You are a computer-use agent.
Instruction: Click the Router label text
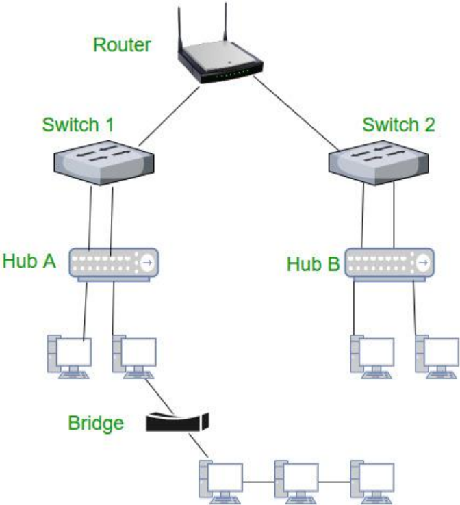coord(121,47)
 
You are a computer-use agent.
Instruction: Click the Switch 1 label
coord(78,125)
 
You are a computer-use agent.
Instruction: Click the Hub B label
coord(313,263)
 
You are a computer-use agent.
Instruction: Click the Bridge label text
coord(96,423)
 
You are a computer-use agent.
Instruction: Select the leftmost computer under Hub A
coord(68,356)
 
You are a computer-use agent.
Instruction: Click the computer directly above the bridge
coord(134,356)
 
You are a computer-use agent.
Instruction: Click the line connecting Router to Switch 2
coord(294,114)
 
